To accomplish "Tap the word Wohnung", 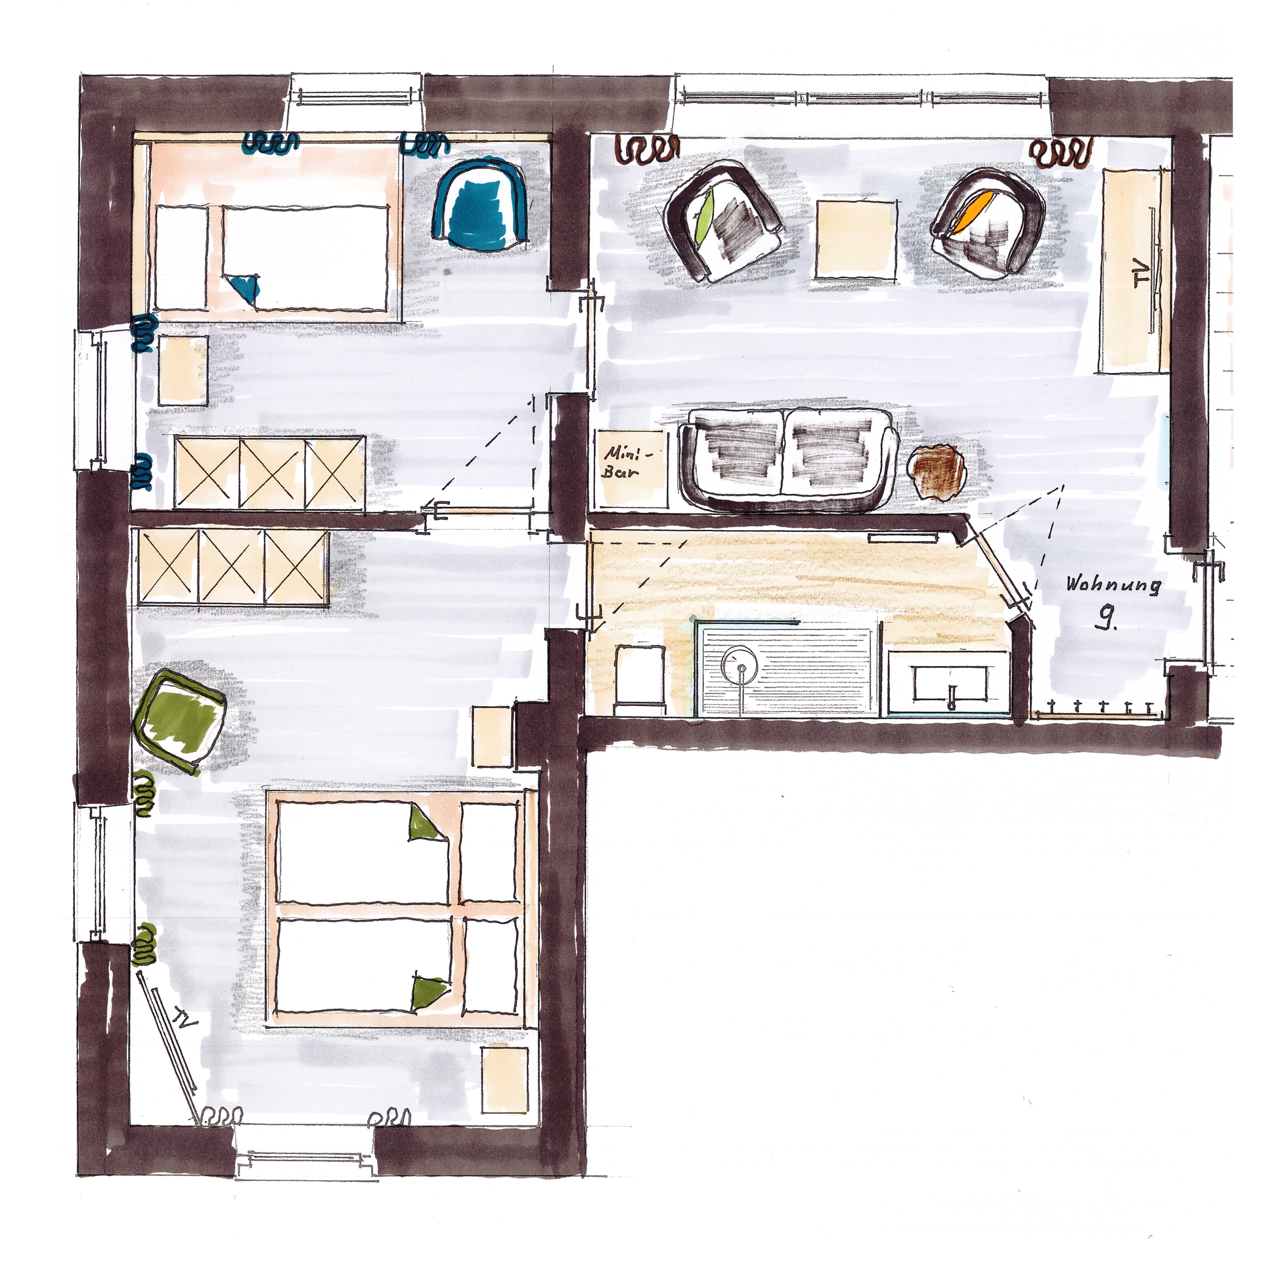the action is [x=1113, y=585].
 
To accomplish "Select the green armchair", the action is [x=179, y=724].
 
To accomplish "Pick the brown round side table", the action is [x=936, y=471].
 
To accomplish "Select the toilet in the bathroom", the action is [x=640, y=679].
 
